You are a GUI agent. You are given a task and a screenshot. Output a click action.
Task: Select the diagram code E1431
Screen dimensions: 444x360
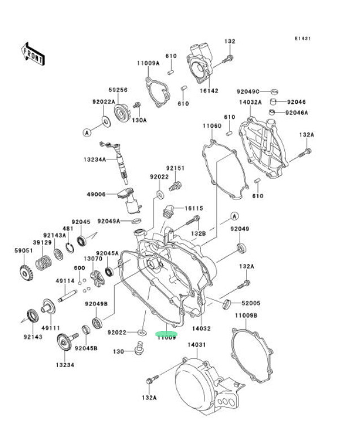(x=302, y=38)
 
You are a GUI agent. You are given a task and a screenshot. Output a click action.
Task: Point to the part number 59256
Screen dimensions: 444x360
(x=118, y=90)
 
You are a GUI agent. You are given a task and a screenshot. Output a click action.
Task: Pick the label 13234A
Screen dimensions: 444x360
(x=94, y=159)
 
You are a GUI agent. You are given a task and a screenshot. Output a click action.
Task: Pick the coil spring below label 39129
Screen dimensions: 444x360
(x=44, y=263)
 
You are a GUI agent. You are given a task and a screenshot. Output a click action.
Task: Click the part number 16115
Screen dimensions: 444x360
(x=193, y=208)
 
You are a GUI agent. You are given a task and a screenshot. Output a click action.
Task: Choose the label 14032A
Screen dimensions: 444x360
(x=250, y=102)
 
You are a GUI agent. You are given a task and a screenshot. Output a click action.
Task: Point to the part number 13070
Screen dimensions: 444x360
(x=93, y=259)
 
